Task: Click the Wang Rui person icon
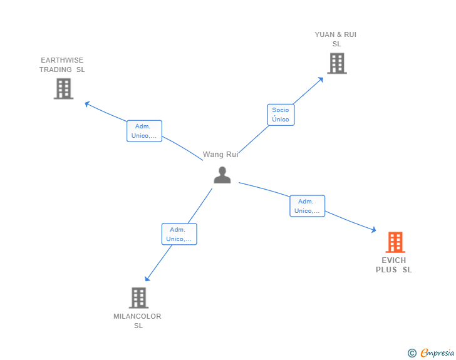[x=222, y=175]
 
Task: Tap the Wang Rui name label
[x=220, y=155]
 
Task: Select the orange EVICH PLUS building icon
[x=395, y=242]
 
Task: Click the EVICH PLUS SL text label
[x=394, y=265]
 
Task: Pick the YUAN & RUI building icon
[x=336, y=63]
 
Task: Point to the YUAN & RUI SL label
[x=336, y=39]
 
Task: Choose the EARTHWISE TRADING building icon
[x=63, y=89]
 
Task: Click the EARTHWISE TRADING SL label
[x=62, y=65]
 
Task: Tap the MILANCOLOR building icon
[x=138, y=298]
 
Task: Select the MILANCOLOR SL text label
[x=138, y=321]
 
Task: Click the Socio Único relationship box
[x=281, y=115]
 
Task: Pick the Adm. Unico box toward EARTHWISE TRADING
[x=144, y=131]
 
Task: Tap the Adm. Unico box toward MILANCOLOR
[x=179, y=234]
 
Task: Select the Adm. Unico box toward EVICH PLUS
[x=307, y=206]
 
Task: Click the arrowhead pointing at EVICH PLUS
[x=373, y=231]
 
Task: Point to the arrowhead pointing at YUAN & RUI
[x=321, y=80]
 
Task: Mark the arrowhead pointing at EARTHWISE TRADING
[x=88, y=103]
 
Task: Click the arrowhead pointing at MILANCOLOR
[x=147, y=279]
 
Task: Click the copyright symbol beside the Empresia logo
[x=412, y=353]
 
